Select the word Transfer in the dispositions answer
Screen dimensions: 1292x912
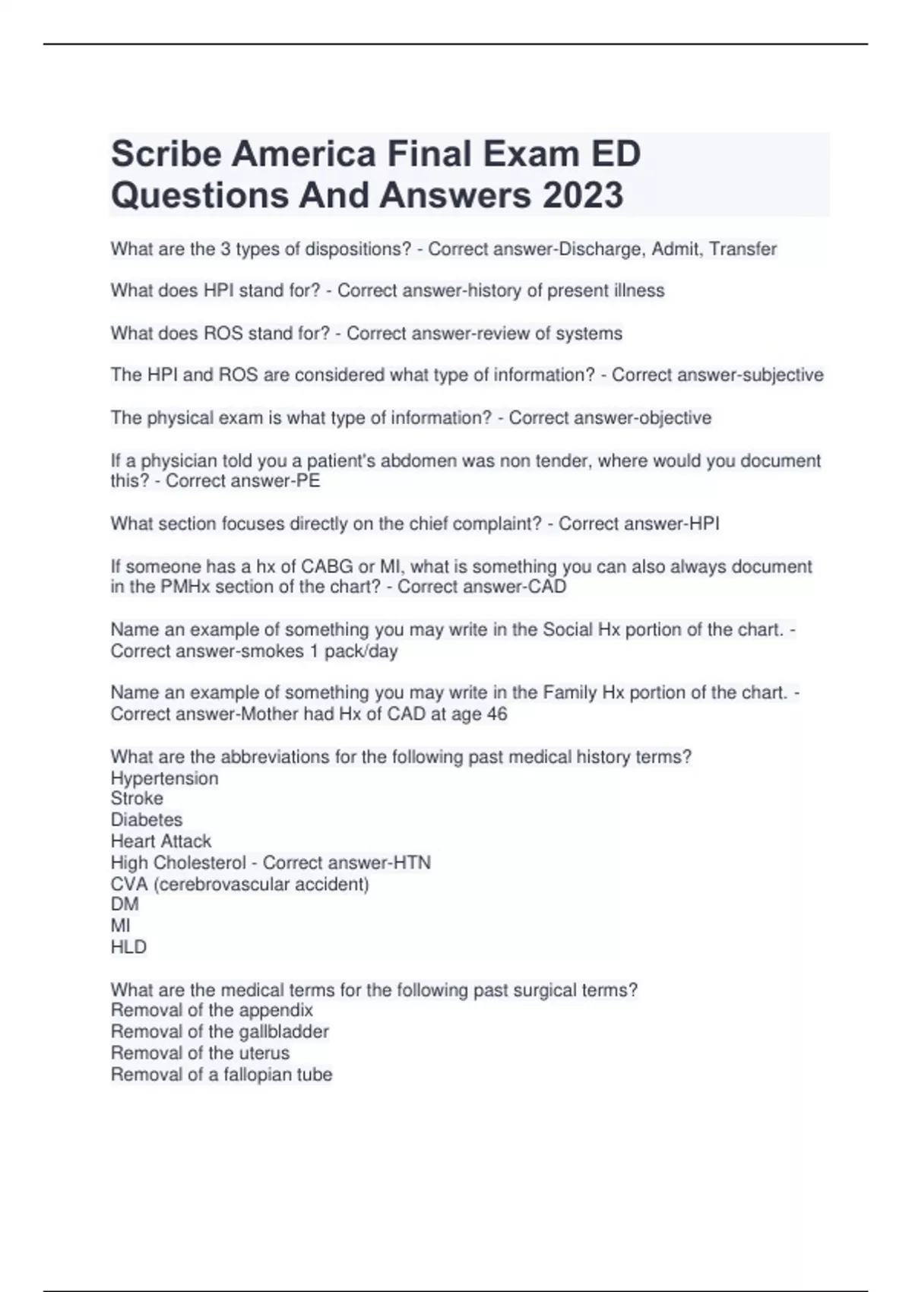(743, 249)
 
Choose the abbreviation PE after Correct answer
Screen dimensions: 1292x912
(308, 481)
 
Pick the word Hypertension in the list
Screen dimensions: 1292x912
(164, 778)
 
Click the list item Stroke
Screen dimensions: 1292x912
(137, 799)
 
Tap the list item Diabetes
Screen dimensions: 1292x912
(147, 820)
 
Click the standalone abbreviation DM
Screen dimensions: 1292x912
(125, 904)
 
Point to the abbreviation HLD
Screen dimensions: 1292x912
(128, 947)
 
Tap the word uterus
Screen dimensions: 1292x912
(264, 1053)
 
